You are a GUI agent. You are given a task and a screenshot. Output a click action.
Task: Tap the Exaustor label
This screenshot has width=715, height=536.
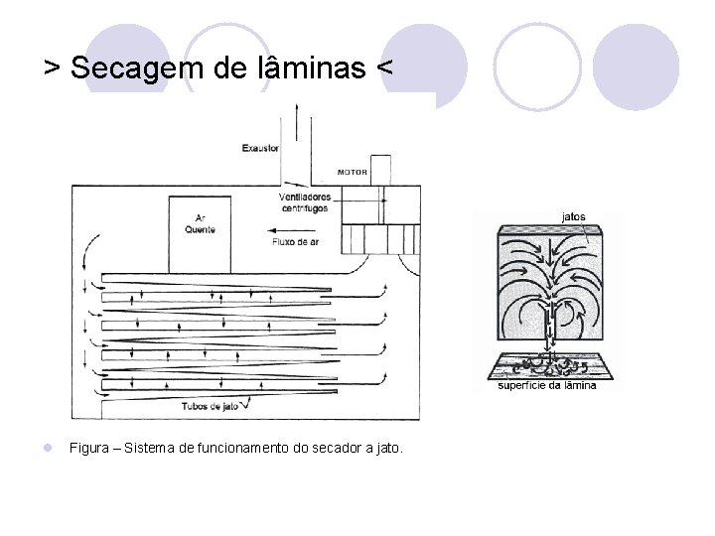tap(260, 149)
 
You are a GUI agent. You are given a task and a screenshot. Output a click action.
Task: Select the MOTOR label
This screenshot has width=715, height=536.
tap(353, 172)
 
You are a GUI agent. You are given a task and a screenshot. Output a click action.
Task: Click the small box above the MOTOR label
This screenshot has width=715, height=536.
tap(382, 161)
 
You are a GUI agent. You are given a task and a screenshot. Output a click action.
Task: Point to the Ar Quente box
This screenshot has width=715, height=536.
tap(199, 233)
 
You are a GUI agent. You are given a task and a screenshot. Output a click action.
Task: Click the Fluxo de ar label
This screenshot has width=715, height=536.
tap(297, 241)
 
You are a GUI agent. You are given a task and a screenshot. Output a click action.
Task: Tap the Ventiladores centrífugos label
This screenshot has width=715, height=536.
tap(305, 201)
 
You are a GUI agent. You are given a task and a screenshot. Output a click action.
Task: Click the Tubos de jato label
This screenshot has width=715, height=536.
tap(208, 406)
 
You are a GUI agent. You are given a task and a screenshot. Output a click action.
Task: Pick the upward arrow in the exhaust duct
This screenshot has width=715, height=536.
tap(295, 129)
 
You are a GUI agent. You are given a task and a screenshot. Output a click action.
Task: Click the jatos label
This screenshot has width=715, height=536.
tap(573, 215)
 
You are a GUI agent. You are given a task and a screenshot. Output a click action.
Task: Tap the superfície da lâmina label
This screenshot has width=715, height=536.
tap(547, 385)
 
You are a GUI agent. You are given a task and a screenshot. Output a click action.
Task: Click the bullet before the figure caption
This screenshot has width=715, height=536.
tap(49, 449)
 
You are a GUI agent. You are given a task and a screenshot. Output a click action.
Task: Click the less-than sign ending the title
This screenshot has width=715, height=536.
tap(383, 68)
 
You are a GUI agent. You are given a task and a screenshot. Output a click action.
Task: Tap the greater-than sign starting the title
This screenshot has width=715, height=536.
tap(52, 68)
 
